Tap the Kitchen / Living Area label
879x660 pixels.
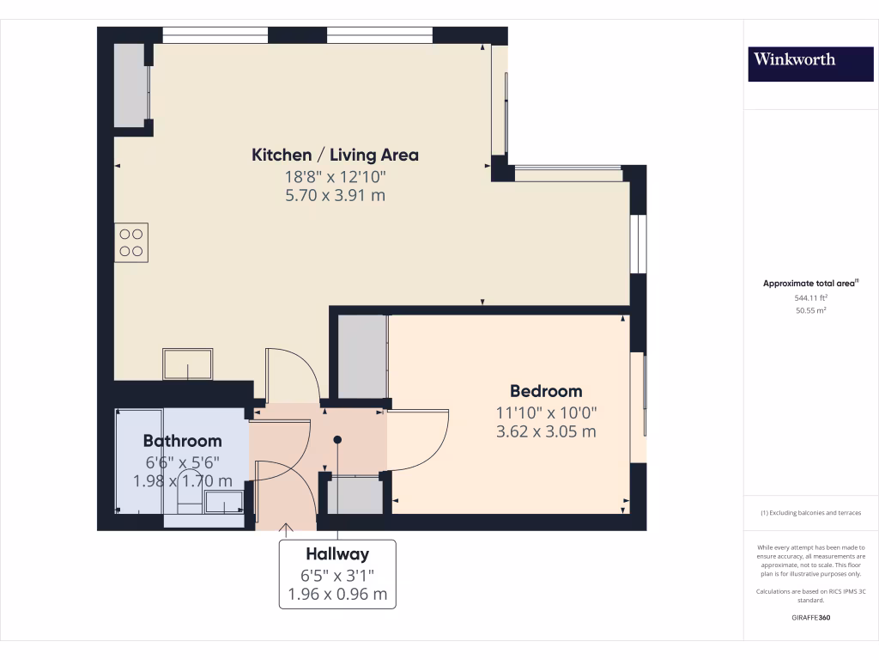tap(335, 155)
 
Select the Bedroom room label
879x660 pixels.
tap(546, 391)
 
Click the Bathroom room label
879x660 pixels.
tap(182, 441)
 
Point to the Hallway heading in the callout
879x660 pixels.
tap(337, 555)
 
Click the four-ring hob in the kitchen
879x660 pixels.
tap(131, 241)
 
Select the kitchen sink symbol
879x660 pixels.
tap(187, 364)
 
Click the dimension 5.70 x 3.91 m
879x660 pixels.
tap(335, 196)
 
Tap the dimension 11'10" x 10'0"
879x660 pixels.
tap(546, 412)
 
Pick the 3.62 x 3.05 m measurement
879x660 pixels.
tap(546, 431)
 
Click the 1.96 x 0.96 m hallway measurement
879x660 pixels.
tap(337, 594)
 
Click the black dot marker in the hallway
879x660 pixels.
tap(337, 440)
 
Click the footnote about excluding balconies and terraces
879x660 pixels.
tap(811, 513)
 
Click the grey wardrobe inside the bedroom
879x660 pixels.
tap(361, 357)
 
